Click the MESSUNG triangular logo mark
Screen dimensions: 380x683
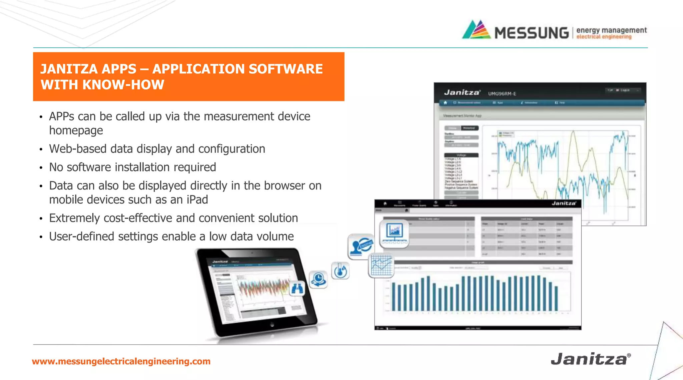(x=476, y=30)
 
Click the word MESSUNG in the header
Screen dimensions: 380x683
(x=532, y=33)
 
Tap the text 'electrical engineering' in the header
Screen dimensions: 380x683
(x=604, y=37)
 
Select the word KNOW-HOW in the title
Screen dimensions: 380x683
(x=123, y=85)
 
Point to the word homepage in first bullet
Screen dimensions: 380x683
(x=76, y=130)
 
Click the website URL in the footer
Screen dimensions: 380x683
(x=121, y=361)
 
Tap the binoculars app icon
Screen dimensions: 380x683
(x=297, y=289)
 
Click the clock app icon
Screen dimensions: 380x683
(x=318, y=279)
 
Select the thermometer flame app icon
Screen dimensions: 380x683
(x=340, y=271)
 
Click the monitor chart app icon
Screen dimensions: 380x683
(x=394, y=233)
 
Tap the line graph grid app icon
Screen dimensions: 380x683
(x=382, y=265)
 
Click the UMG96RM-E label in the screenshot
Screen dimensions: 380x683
(x=502, y=94)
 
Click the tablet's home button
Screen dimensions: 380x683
(x=272, y=324)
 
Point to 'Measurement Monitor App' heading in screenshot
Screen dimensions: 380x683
(x=462, y=116)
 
